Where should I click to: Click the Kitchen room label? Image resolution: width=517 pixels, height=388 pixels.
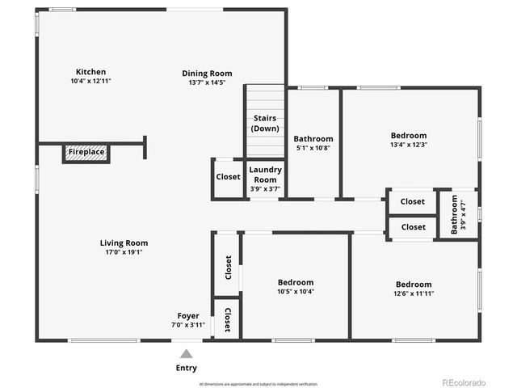[x=90, y=72]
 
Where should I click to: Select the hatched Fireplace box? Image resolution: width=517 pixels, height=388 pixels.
[x=86, y=152]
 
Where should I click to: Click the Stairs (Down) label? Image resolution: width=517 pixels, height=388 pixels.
[x=265, y=124]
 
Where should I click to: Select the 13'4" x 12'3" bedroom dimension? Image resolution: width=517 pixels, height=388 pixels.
[x=408, y=145]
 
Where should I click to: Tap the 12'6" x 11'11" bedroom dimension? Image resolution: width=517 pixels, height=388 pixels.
[x=413, y=294]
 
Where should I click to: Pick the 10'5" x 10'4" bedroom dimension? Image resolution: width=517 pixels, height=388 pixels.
[x=295, y=292]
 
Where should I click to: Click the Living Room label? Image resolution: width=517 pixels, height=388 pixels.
[x=124, y=242]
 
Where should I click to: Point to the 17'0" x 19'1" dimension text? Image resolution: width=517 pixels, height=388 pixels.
[x=124, y=252]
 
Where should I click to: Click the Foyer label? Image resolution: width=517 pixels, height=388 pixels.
[x=188, y=315]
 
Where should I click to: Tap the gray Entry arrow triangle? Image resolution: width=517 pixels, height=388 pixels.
[x=186, y=353]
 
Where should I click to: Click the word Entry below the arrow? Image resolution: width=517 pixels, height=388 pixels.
[x=186, y=368]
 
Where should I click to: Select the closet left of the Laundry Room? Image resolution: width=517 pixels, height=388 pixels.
[x=228, y=177]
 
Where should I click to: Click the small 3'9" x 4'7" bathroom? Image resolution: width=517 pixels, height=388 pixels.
[x=458, y=214]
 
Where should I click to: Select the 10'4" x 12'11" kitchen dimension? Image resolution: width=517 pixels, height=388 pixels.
[x=90, y=82]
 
